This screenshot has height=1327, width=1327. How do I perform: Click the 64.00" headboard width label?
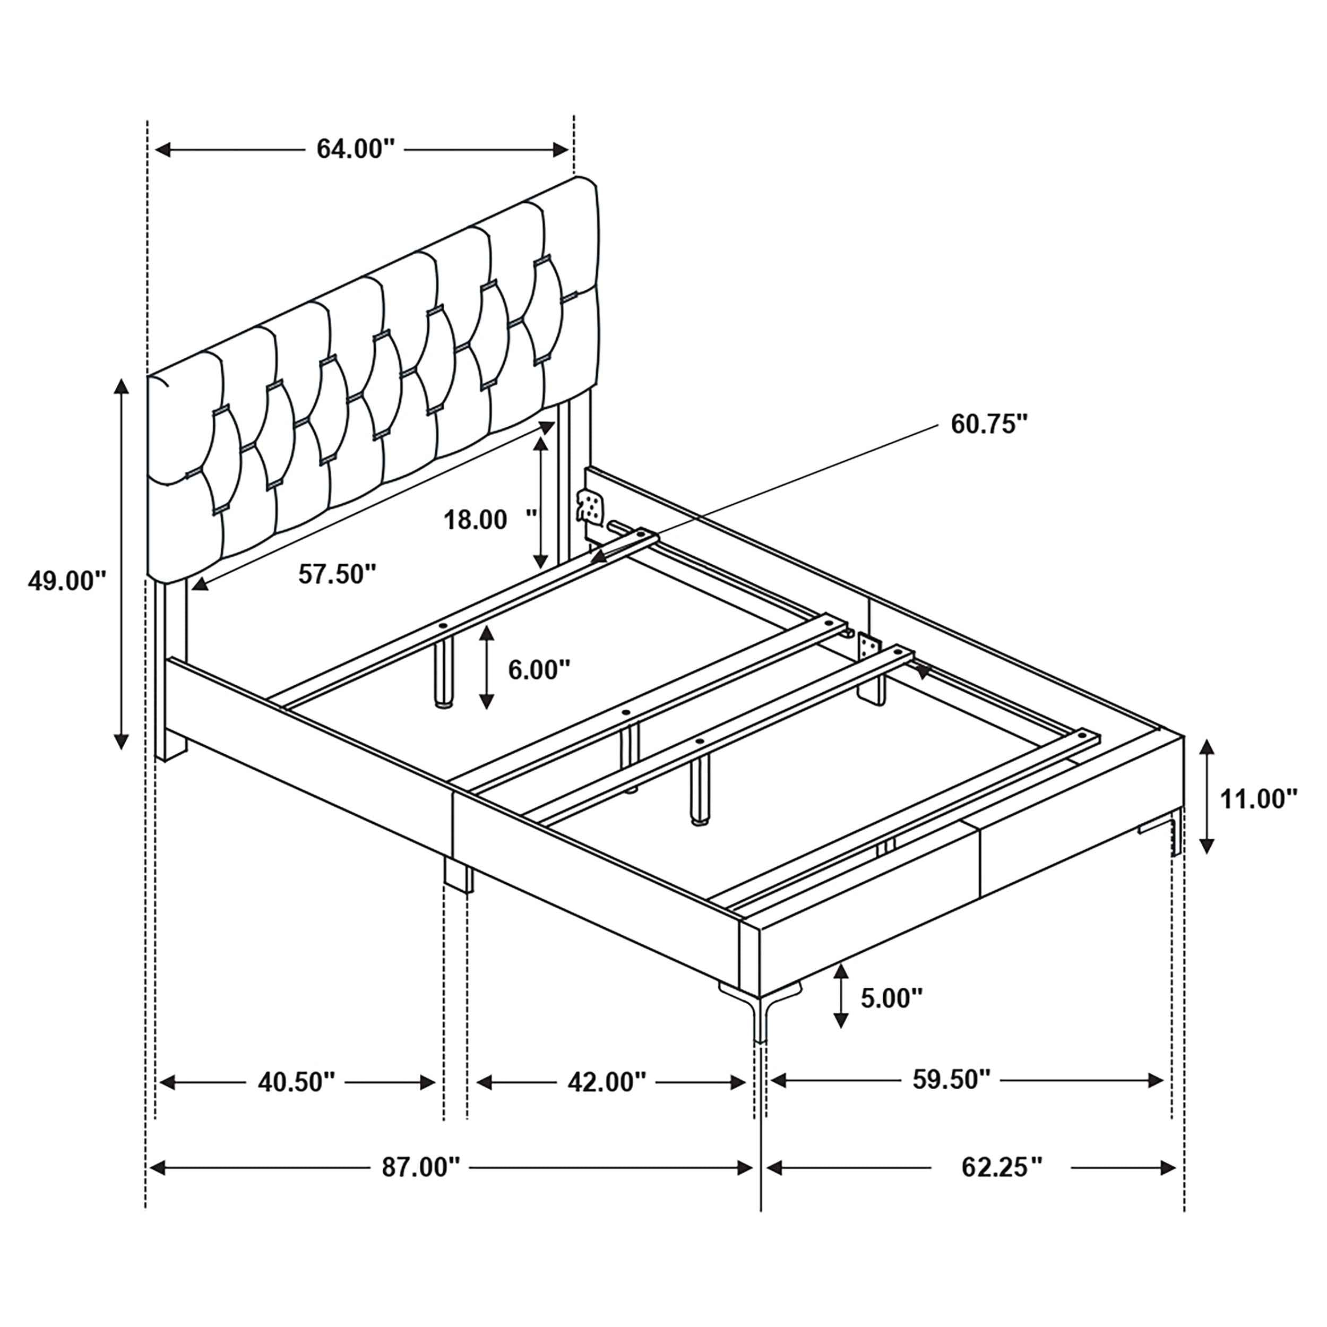pos(355,149)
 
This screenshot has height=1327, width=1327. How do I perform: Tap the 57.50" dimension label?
pos(337,573)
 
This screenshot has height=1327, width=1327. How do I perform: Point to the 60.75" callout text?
pos(988,424)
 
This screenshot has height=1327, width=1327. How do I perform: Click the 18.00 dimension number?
pos(475,520)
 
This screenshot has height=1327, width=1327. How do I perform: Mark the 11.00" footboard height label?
pos(1259,799)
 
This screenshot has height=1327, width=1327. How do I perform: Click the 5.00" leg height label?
pos(891,998)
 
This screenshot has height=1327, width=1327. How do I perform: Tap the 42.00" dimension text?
pos(607,1082)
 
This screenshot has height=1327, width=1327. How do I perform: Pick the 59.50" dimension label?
pos(951,1080)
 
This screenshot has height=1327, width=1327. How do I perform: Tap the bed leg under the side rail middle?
pos(458,876)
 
